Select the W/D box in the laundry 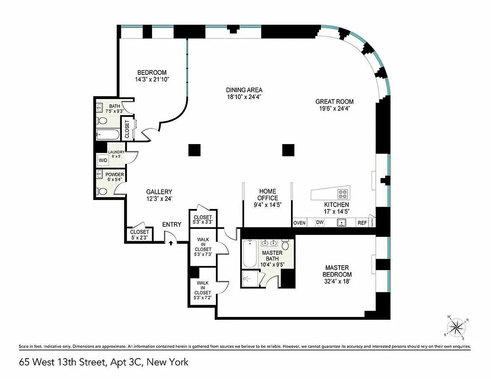coord(103,161)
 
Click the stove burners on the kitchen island coord(343,194)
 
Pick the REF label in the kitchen coord(362,222)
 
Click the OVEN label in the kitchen coord(299,222)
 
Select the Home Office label coord(267,195)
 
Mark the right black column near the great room coord(288,150)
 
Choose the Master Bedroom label coord(337,271)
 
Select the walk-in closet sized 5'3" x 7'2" coord(202,289)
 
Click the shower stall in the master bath coord(250,279)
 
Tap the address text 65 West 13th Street coord(103,363)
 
